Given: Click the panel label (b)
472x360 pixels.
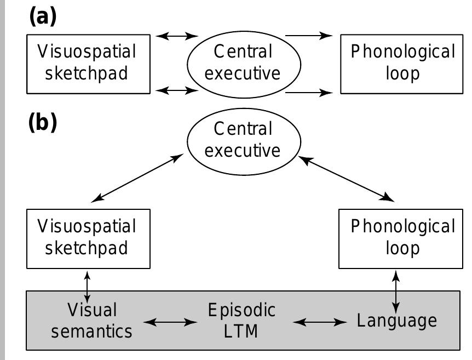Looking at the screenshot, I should coord(42,123).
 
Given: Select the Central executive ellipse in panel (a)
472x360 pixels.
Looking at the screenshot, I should coord(243,63).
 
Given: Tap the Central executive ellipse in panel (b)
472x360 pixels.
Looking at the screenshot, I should coord(243,140).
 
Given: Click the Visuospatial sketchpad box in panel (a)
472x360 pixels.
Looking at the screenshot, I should coord(88,63).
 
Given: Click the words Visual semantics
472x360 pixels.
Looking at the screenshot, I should coord(100,321).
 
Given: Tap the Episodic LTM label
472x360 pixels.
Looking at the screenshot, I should coord(241,321).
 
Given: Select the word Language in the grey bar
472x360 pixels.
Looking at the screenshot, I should coord(397,321).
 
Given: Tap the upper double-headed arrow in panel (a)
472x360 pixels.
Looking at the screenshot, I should coord(176,36).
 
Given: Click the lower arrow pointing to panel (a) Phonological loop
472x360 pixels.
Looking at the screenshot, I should coord(309,93).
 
